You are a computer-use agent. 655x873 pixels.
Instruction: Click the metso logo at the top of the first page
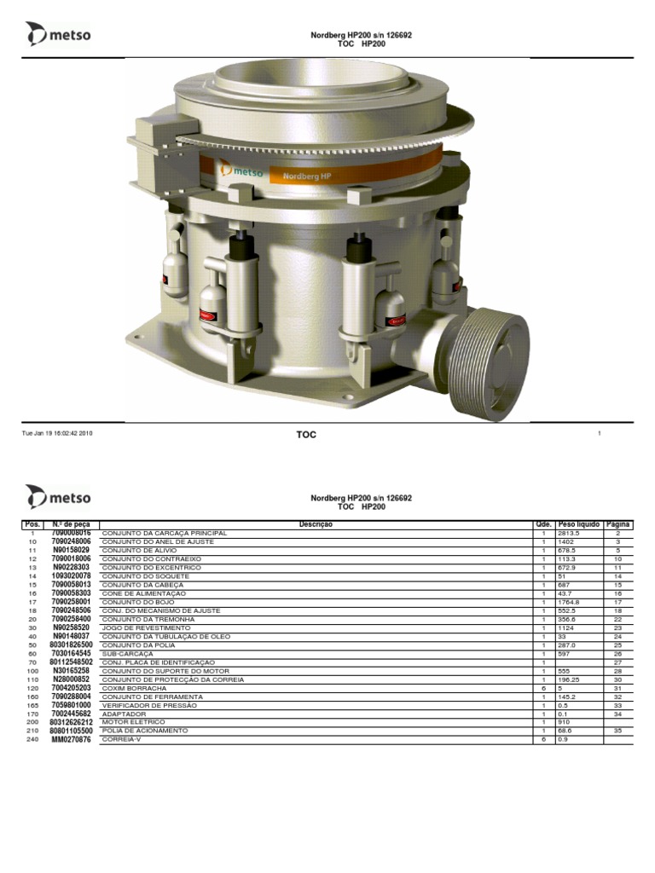58,34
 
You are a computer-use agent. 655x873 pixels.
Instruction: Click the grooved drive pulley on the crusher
489,363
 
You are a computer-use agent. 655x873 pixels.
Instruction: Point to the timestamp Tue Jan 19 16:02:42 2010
57,433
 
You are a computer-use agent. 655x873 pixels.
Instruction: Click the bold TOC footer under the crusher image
306,434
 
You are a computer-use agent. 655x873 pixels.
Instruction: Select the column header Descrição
316,524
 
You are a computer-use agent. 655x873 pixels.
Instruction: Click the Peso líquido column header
579,524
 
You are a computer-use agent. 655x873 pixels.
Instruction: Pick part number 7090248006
72,541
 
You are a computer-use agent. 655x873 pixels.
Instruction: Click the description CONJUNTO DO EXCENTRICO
152,567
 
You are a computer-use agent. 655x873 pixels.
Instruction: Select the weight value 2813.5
569,534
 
